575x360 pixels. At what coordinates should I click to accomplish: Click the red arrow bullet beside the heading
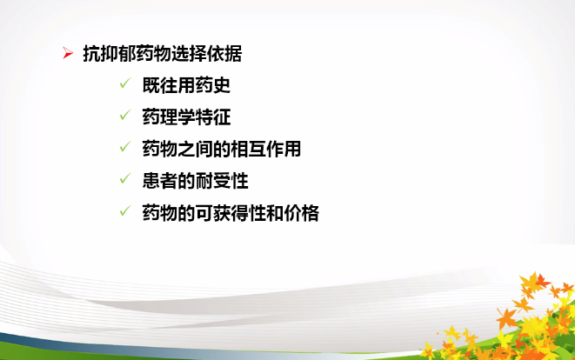[x=68, y=53]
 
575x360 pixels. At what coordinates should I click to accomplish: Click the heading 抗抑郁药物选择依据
[x=163, y=54]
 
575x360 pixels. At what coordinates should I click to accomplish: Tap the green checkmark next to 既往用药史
[x=125, y=83]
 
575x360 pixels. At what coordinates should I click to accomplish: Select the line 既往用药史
[x=186, y=85]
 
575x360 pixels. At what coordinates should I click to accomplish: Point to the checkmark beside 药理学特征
[x=125, y=115]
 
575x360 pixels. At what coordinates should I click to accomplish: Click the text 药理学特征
[x=186, y=117]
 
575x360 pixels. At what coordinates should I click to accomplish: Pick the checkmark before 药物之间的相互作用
[x=125, y=147]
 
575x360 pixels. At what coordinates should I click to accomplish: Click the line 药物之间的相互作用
[x=222, y=150]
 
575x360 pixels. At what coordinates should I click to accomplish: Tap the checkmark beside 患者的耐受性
[x=125, y=178]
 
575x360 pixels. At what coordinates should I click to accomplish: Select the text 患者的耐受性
[x=195, y=181]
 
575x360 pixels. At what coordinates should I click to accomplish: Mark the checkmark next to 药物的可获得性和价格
[x=125, y=210]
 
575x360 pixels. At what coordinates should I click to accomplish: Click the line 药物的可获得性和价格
[x=231, y=213]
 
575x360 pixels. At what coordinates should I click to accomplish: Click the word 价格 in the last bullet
[x=302, y=213]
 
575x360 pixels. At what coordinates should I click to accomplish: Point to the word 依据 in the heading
[x=224, y=54]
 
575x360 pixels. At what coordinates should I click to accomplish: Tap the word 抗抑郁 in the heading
[x=110, y=54]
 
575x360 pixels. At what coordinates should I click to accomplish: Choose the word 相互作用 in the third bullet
[x=265, y=150]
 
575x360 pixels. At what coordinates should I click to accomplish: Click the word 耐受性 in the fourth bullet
[x=222, y=181]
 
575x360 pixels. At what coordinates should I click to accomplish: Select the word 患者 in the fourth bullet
[x=160, y=181]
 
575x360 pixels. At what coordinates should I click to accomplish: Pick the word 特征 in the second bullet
[x=213, y=117]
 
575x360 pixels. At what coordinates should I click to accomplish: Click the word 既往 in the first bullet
[x=160, y=85]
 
